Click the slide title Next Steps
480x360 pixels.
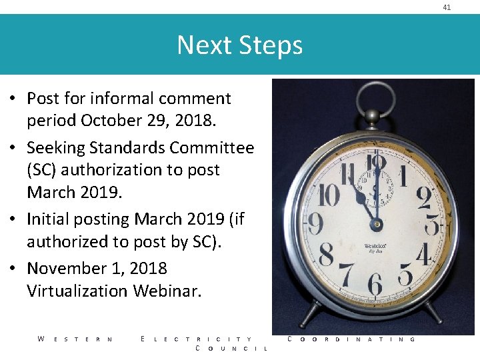tap(239, 45)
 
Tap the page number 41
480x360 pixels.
tap(447, 7)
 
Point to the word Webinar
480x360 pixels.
tap(167, 291)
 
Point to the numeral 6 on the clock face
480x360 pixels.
tap(375, 283)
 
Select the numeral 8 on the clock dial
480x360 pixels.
tap(326, 255)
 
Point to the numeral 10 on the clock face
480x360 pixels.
tap(329, 195)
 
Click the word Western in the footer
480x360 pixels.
tap(75, 339)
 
